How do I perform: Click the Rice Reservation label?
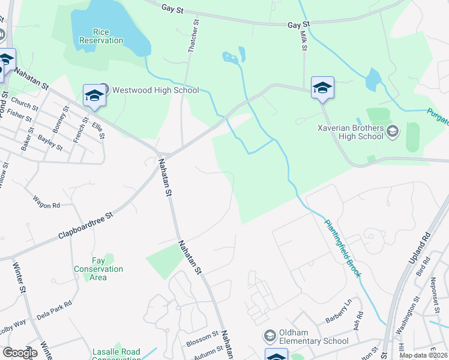(100, 36)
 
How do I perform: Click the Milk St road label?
(303, 43)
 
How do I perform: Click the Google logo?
(20, 353)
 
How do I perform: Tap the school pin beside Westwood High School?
(94, 96)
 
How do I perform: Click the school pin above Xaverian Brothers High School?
(322, 88)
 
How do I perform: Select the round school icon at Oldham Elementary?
(270, 335)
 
